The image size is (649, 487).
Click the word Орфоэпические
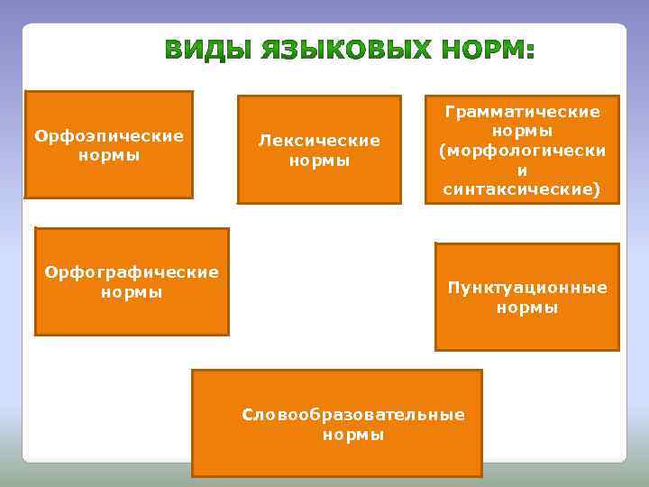109,136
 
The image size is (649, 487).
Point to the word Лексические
319,141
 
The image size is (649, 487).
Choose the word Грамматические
523,112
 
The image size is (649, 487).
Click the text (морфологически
523,151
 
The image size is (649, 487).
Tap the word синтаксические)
523,190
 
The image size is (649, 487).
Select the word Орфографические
132,272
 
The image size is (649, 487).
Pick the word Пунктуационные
527,288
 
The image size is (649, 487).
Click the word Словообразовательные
353,415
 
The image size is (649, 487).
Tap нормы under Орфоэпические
109,155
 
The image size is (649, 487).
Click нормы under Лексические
319,161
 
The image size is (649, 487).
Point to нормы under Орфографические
132,292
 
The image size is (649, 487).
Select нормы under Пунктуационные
527,308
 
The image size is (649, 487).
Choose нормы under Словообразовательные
353,435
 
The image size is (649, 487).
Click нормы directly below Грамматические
523,132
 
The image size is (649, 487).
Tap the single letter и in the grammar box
523,170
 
